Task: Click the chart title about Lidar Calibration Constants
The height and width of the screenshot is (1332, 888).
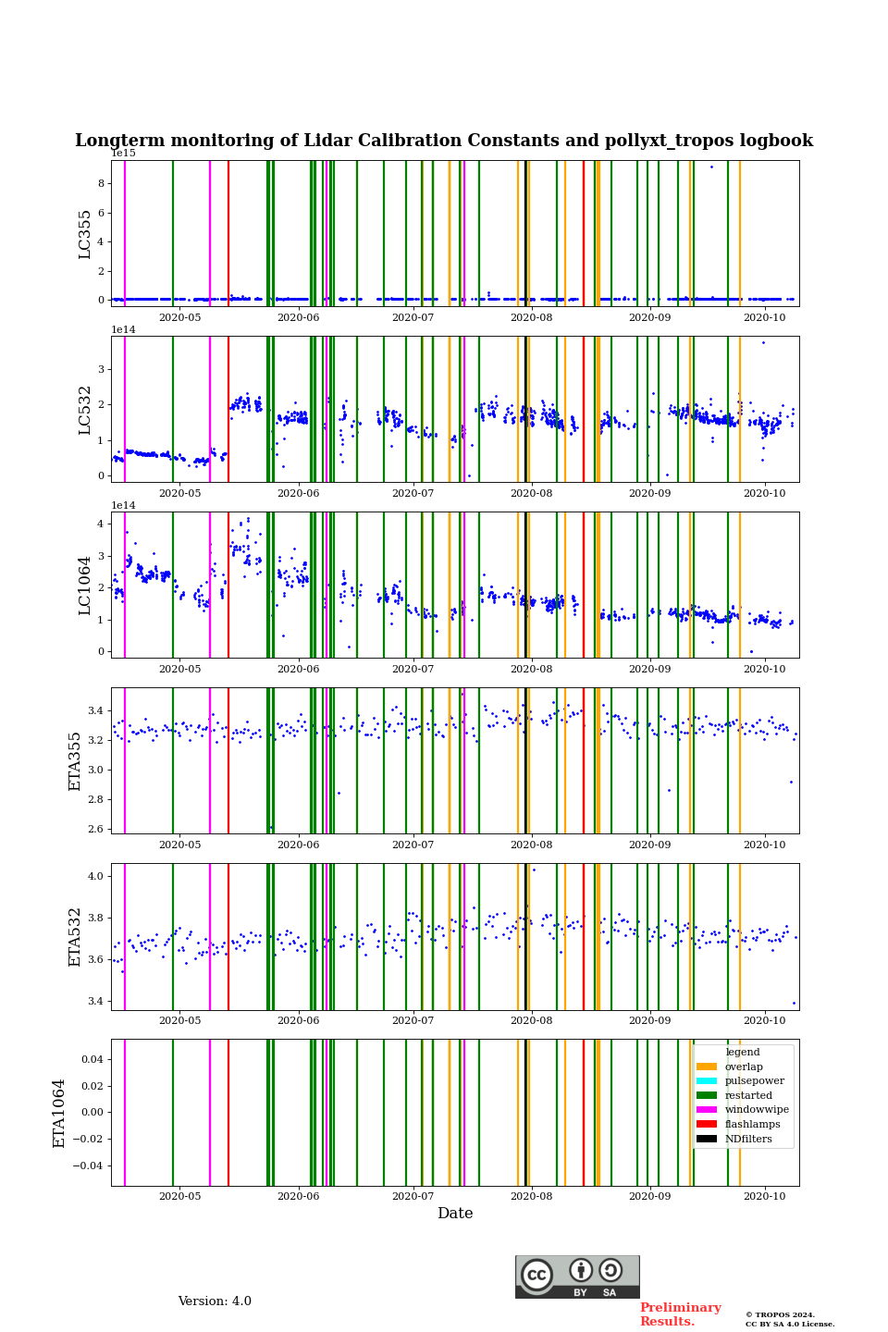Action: click(x=444, y=141)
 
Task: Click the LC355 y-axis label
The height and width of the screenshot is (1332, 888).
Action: click(x=85, y=234)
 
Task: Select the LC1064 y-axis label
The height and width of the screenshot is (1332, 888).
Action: click(x=85, y=586)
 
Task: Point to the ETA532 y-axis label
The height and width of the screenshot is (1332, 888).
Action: click(x=76, y=937)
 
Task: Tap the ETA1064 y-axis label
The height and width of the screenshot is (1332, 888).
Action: click(x=59, y=1113)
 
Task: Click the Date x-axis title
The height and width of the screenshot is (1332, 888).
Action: click(x=455, y=1214)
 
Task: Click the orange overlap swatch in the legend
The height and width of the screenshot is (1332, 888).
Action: click(x=707, y=1067)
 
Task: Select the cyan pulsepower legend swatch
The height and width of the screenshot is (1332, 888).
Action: click(x=707, y=1081)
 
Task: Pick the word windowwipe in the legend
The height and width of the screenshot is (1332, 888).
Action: click(x=757, y=1110)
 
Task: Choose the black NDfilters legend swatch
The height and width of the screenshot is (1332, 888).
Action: click(x=707, y=1139)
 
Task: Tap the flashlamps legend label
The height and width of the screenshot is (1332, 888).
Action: click(x=752, y=1125)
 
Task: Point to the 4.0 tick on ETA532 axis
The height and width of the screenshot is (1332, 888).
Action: click(x=95, y=876)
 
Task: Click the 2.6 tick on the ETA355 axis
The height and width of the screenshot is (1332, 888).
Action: click(x=95, y=829)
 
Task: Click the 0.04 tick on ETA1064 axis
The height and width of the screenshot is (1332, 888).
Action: click(x=91, y=1059)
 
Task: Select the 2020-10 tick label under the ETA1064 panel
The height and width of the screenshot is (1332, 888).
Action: click(x=765, y=1197)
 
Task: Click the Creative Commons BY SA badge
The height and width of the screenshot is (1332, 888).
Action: click(x=577, y=1276)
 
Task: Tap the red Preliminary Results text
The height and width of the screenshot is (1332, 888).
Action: click(x=680, y=1314)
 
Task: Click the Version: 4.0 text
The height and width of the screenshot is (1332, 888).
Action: click(x=215, y=1301)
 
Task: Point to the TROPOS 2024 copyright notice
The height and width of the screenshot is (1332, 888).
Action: click(x=790, y=1319)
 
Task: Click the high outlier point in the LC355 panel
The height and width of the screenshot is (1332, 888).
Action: click(x=711, y=166)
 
